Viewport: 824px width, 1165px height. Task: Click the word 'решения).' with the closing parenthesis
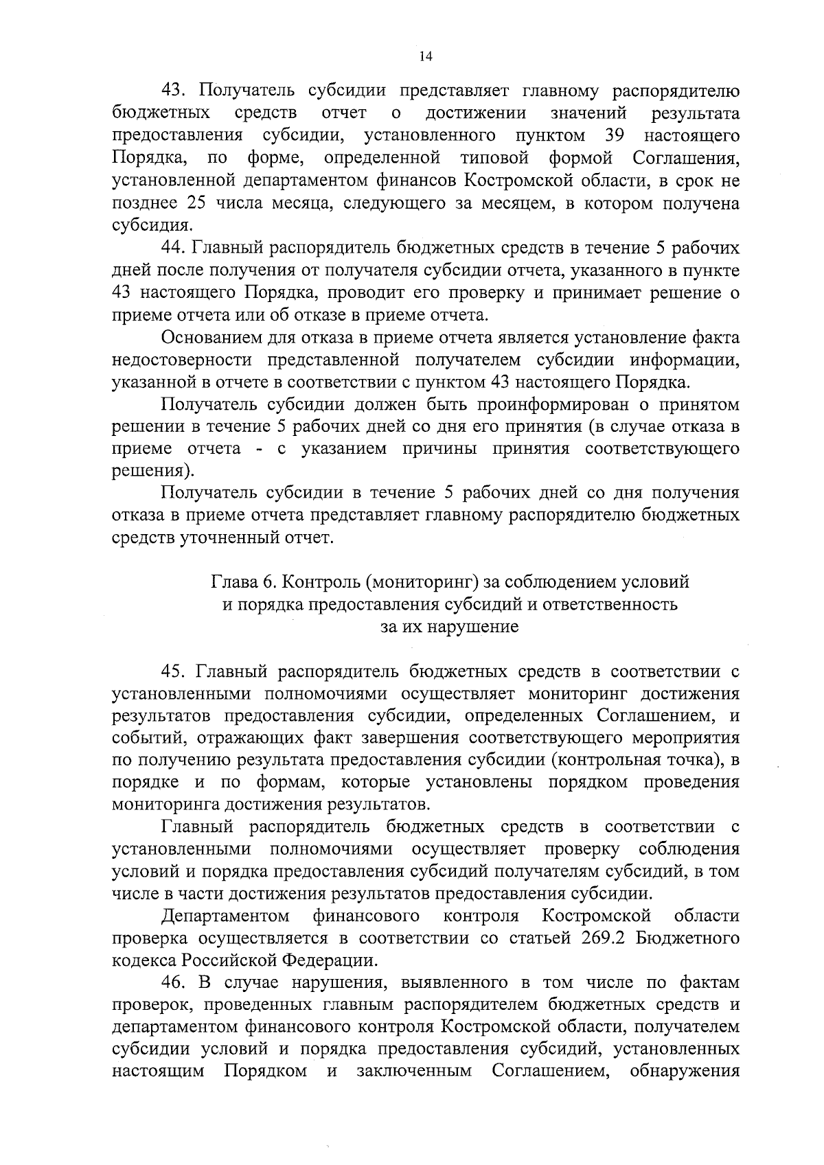(x=153, y=472)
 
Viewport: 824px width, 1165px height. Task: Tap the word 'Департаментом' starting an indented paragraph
(x=225, y=916)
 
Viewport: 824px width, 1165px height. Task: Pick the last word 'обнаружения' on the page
(x=684, y=1072)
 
